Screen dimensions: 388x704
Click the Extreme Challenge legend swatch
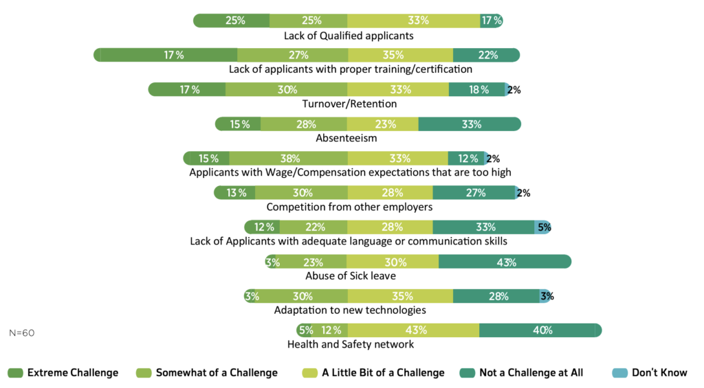(16, 373)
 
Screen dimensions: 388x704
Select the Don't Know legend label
(659, 373)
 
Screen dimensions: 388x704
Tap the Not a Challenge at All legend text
(531, 373)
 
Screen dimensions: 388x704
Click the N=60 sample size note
(22, 332)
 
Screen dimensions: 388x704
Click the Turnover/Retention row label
(349, 104)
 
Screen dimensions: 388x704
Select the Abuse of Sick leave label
(350, 276)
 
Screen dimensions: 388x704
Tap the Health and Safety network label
(350, 345)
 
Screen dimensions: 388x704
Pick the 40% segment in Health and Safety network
(540, 330)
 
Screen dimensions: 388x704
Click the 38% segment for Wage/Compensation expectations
(289, 158)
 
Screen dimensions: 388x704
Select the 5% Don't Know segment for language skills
(543, 227)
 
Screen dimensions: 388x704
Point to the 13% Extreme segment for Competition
(236, 192)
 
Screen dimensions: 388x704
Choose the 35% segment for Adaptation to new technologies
(399, 296)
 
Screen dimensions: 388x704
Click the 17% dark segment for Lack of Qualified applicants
(492, 21)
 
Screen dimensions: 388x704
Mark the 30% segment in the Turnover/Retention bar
(286, 89)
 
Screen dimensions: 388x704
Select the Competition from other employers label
(349, 207)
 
